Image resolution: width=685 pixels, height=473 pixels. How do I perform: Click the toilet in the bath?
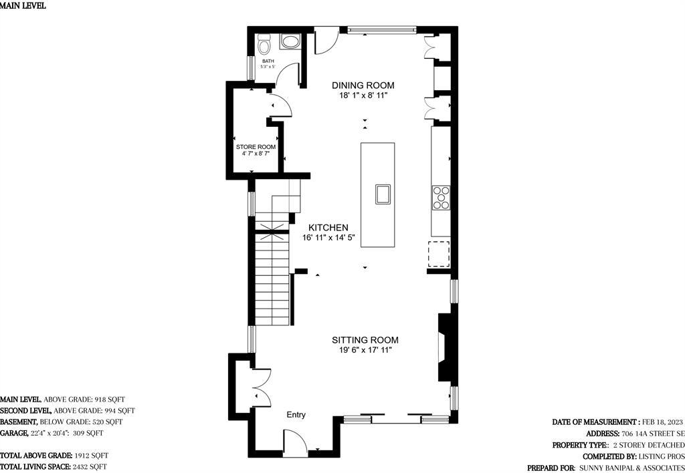tap(264, 43)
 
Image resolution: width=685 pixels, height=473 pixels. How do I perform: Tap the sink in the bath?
tap(290, 42)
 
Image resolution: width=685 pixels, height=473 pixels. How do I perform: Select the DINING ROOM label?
tap(363, 85)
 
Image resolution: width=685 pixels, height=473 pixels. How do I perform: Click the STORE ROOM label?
tap(256, 147)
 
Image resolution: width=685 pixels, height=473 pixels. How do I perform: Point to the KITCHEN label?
tap(328, 227)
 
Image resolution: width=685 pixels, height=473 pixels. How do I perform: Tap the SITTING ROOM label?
tap(365, 340)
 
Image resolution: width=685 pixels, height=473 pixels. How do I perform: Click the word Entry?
tap(296, 414)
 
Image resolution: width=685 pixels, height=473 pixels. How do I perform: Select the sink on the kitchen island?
tap(383, 194)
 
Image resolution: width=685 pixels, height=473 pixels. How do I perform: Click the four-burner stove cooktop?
tap(441, 197)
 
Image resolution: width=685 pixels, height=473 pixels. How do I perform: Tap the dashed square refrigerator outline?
tap(439, 253)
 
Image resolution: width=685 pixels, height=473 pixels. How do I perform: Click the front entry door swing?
tap(295, 443)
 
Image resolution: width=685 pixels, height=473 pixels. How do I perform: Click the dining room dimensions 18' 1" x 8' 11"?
tap(363, 95)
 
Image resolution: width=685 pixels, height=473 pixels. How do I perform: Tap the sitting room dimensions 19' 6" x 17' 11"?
tap(365, 350)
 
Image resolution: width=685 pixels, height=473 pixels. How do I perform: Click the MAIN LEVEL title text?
tap(22, 6)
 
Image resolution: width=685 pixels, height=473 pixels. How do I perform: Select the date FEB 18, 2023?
tap(662, 422)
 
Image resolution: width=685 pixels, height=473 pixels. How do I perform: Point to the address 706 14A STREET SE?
tap(652, 434)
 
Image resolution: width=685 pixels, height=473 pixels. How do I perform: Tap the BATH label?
tap(268, 61)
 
